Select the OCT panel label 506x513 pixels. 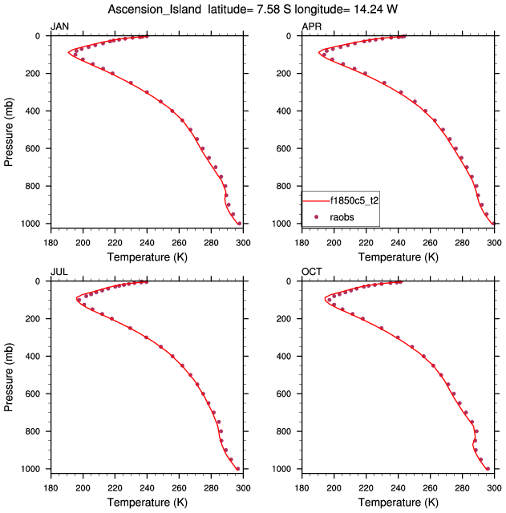pyautogui.click(x=311, y=272)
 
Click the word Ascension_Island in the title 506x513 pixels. pyautogui.click(x=154, y=9)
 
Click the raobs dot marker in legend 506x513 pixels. pyautogui.click(x=316, y=216)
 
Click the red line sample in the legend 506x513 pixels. pyautogui.click(x=316, y=201)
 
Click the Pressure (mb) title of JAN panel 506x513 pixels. pyautogui.click(x=10, y=130)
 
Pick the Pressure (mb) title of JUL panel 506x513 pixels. pyautogui.click(x=10, y=375)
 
